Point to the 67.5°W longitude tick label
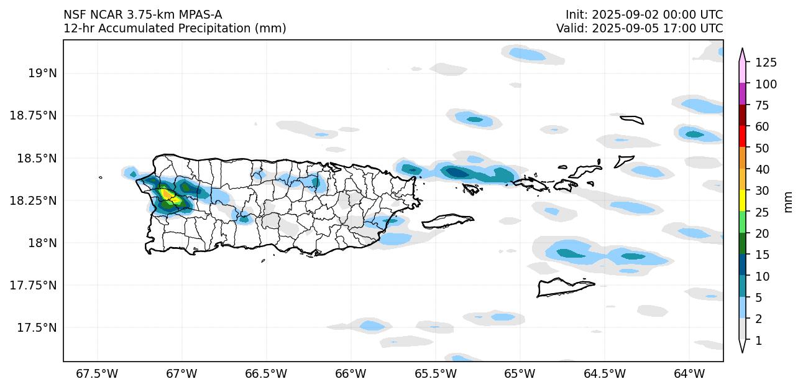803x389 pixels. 97,374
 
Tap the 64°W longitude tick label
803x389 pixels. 689,374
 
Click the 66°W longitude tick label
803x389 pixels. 351,374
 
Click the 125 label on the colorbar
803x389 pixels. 766,62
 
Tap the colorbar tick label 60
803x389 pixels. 763,126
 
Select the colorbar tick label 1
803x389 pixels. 758,340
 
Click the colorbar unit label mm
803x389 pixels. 789,202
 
